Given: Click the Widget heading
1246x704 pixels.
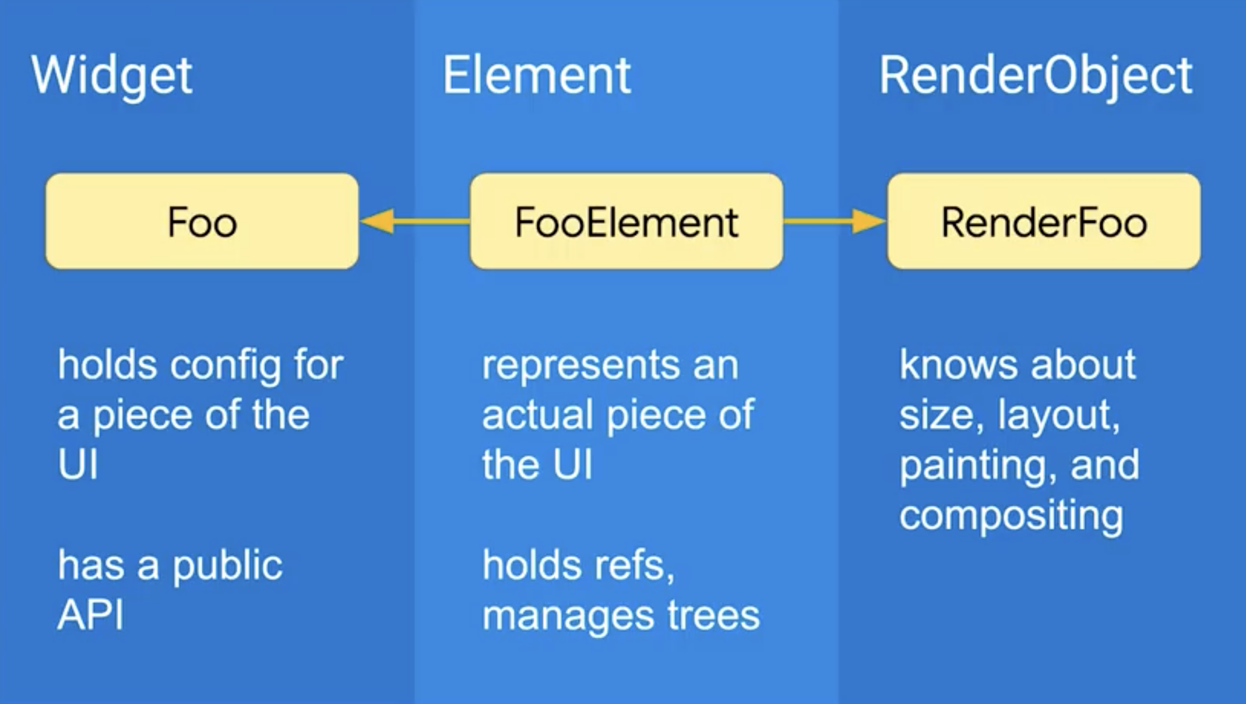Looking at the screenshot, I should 111,76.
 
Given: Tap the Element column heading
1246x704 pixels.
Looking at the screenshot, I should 536,76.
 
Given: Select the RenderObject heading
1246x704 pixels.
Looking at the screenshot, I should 1036,76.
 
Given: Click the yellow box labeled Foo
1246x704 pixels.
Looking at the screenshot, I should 202,221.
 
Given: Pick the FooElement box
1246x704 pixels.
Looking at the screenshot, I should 626,221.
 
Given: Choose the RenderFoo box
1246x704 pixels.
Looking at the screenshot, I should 1044,221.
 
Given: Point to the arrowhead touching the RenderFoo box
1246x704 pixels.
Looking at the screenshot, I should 868,221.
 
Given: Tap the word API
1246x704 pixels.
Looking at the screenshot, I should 90,615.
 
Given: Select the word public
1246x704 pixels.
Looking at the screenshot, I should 227,566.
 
